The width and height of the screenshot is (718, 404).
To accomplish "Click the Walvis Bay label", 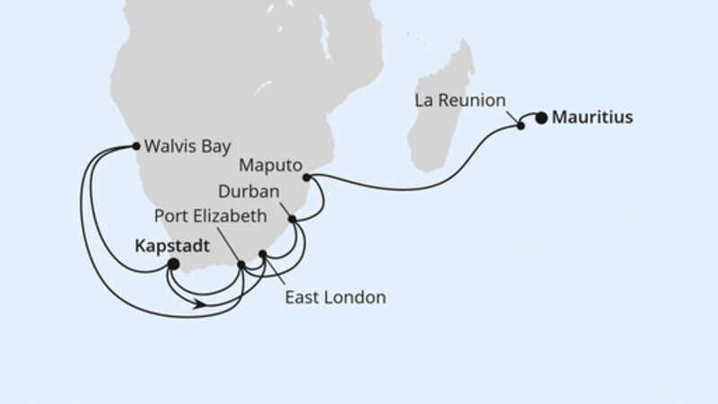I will point(182,145).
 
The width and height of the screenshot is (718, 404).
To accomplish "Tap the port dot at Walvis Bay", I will point(136,145).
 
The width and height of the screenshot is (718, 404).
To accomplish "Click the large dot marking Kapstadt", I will point(174,265).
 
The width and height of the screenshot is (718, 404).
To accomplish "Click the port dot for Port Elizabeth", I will point(241,264).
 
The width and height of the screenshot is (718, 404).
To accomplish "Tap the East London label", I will point(335,297).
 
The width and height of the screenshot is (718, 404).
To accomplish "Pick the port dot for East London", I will point(262,255).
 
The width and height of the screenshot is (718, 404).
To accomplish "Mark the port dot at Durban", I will point(292,218).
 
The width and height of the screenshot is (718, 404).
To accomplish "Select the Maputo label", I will point(268,165).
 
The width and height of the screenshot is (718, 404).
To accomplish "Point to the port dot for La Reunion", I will point(521,127).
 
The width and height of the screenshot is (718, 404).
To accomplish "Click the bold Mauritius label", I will point(592,116).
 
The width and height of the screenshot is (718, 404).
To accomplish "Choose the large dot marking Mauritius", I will point(541,117).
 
